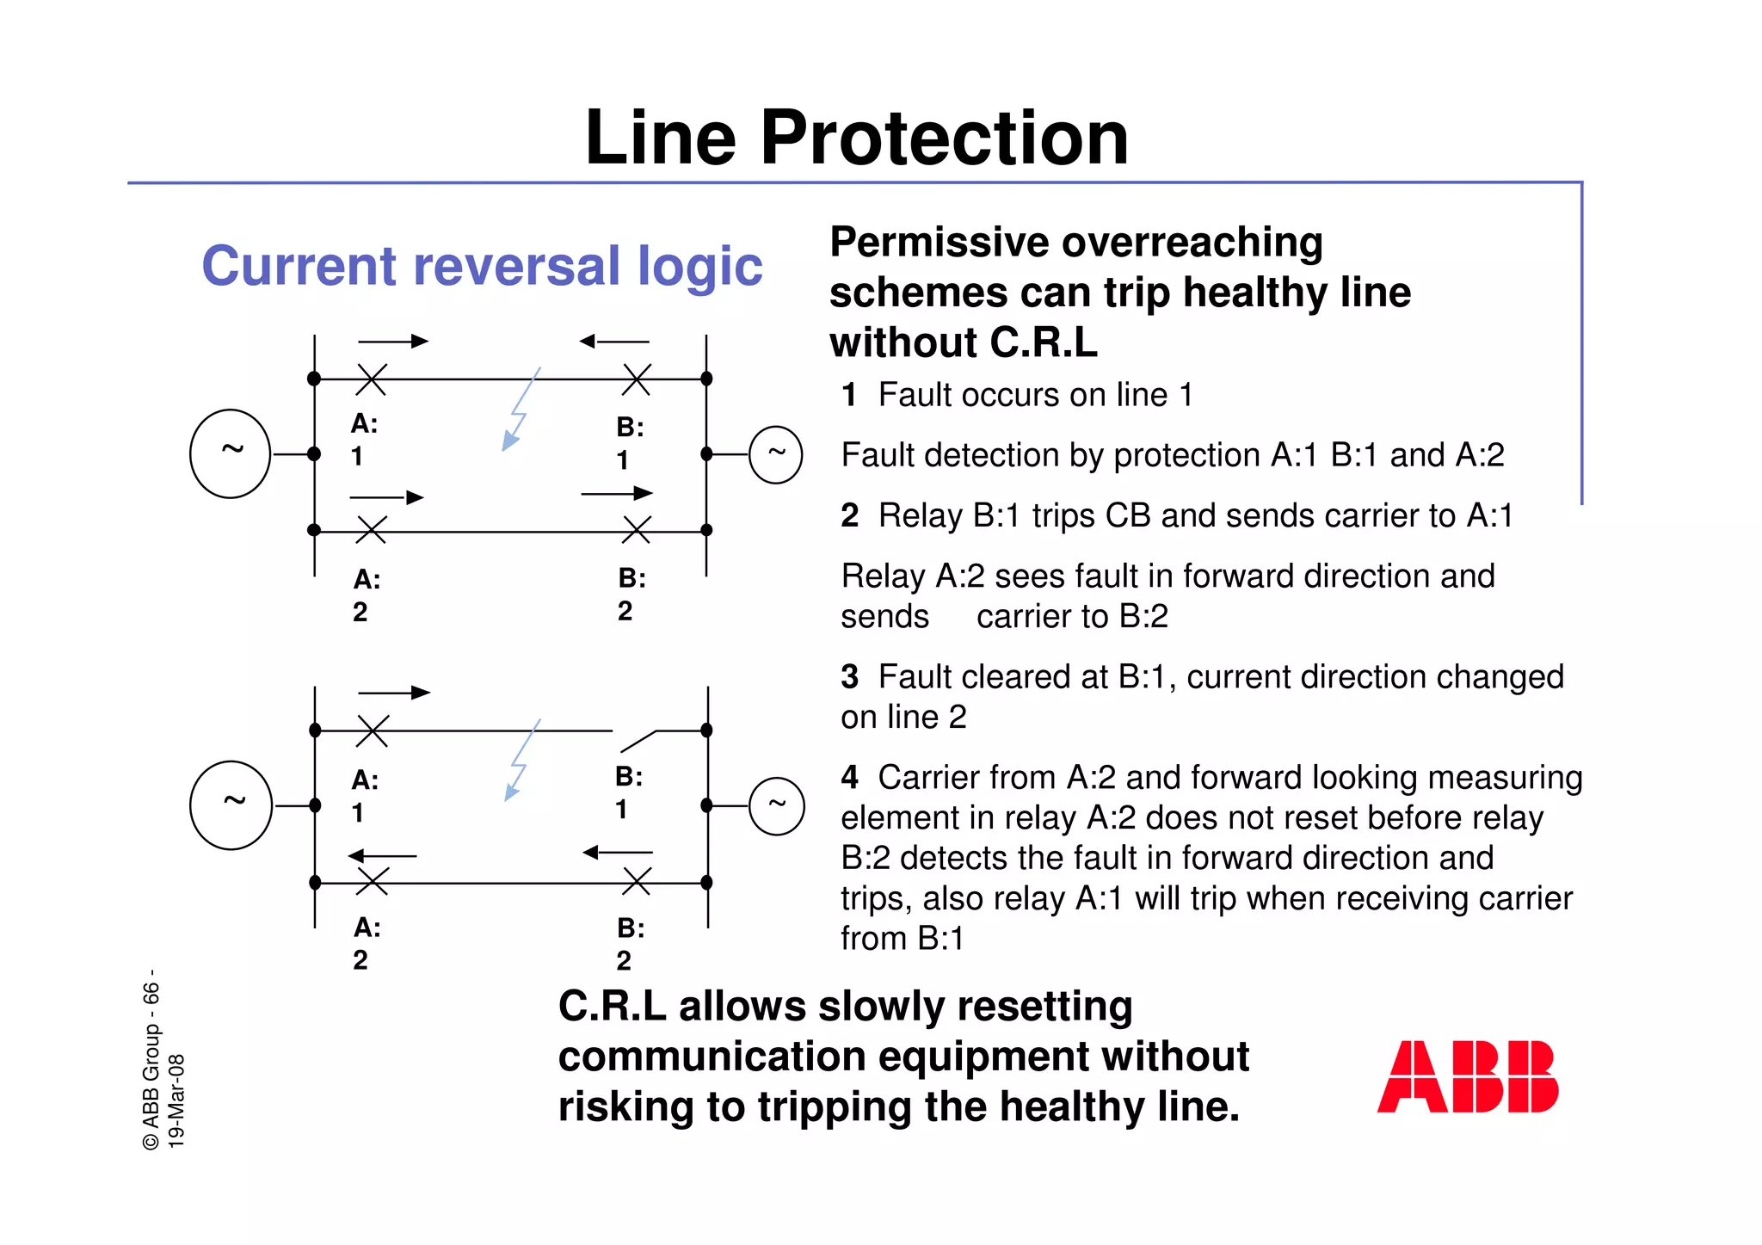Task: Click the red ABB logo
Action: click(1467, 1076)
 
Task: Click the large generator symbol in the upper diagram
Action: click(230, 453)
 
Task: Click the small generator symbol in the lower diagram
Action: click(776, 805)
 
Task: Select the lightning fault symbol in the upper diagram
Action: click(520, 410)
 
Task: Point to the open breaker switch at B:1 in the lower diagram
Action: click(638, 740)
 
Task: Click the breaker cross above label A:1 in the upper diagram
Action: click(372, 379)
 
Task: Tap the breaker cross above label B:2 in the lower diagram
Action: click(637, 882)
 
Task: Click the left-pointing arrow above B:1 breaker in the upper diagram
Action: click(613, 342)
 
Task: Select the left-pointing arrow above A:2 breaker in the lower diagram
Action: click(382, 855)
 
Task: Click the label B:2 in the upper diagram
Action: click(631, 594)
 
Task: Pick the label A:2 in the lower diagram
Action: click(365, 943)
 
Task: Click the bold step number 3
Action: click(849, 677)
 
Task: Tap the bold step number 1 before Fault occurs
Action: click(849, 395)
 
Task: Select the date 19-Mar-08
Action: click(176, 1100)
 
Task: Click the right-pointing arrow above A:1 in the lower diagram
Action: click(393, 693)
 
